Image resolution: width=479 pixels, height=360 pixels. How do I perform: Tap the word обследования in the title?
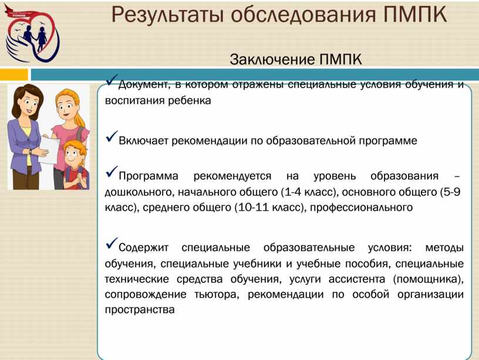[303, 14]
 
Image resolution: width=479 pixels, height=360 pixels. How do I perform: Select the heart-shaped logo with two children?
[32, 33]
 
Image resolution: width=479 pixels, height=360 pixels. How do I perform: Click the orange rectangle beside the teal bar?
[14, 74]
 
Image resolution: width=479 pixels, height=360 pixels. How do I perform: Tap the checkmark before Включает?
[112, 137]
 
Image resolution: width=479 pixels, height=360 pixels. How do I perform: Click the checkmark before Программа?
[112, 171]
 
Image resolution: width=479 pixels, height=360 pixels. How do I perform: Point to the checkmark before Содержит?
[112, 243]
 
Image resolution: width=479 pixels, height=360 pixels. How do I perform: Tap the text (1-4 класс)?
[309, 192]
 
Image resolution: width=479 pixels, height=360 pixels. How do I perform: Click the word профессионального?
[361, 208]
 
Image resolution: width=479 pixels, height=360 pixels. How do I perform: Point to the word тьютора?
[216, 295]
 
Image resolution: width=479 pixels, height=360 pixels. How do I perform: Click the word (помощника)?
[429, 280]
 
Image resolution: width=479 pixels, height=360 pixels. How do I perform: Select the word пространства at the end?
[140, 310]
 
